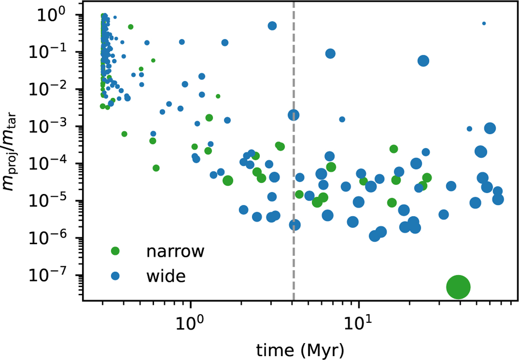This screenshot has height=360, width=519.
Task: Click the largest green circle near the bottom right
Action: point(458,287)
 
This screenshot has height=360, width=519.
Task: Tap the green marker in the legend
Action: point(115,251)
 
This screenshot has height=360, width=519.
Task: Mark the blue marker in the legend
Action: point(115,275)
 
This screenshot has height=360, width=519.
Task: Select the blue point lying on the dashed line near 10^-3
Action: point(294,115)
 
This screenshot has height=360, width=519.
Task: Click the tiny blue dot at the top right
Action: point(484,23)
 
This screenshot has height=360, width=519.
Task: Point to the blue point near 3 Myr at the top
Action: point(272,25)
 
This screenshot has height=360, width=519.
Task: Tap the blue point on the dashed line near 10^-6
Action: point(295,225)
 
